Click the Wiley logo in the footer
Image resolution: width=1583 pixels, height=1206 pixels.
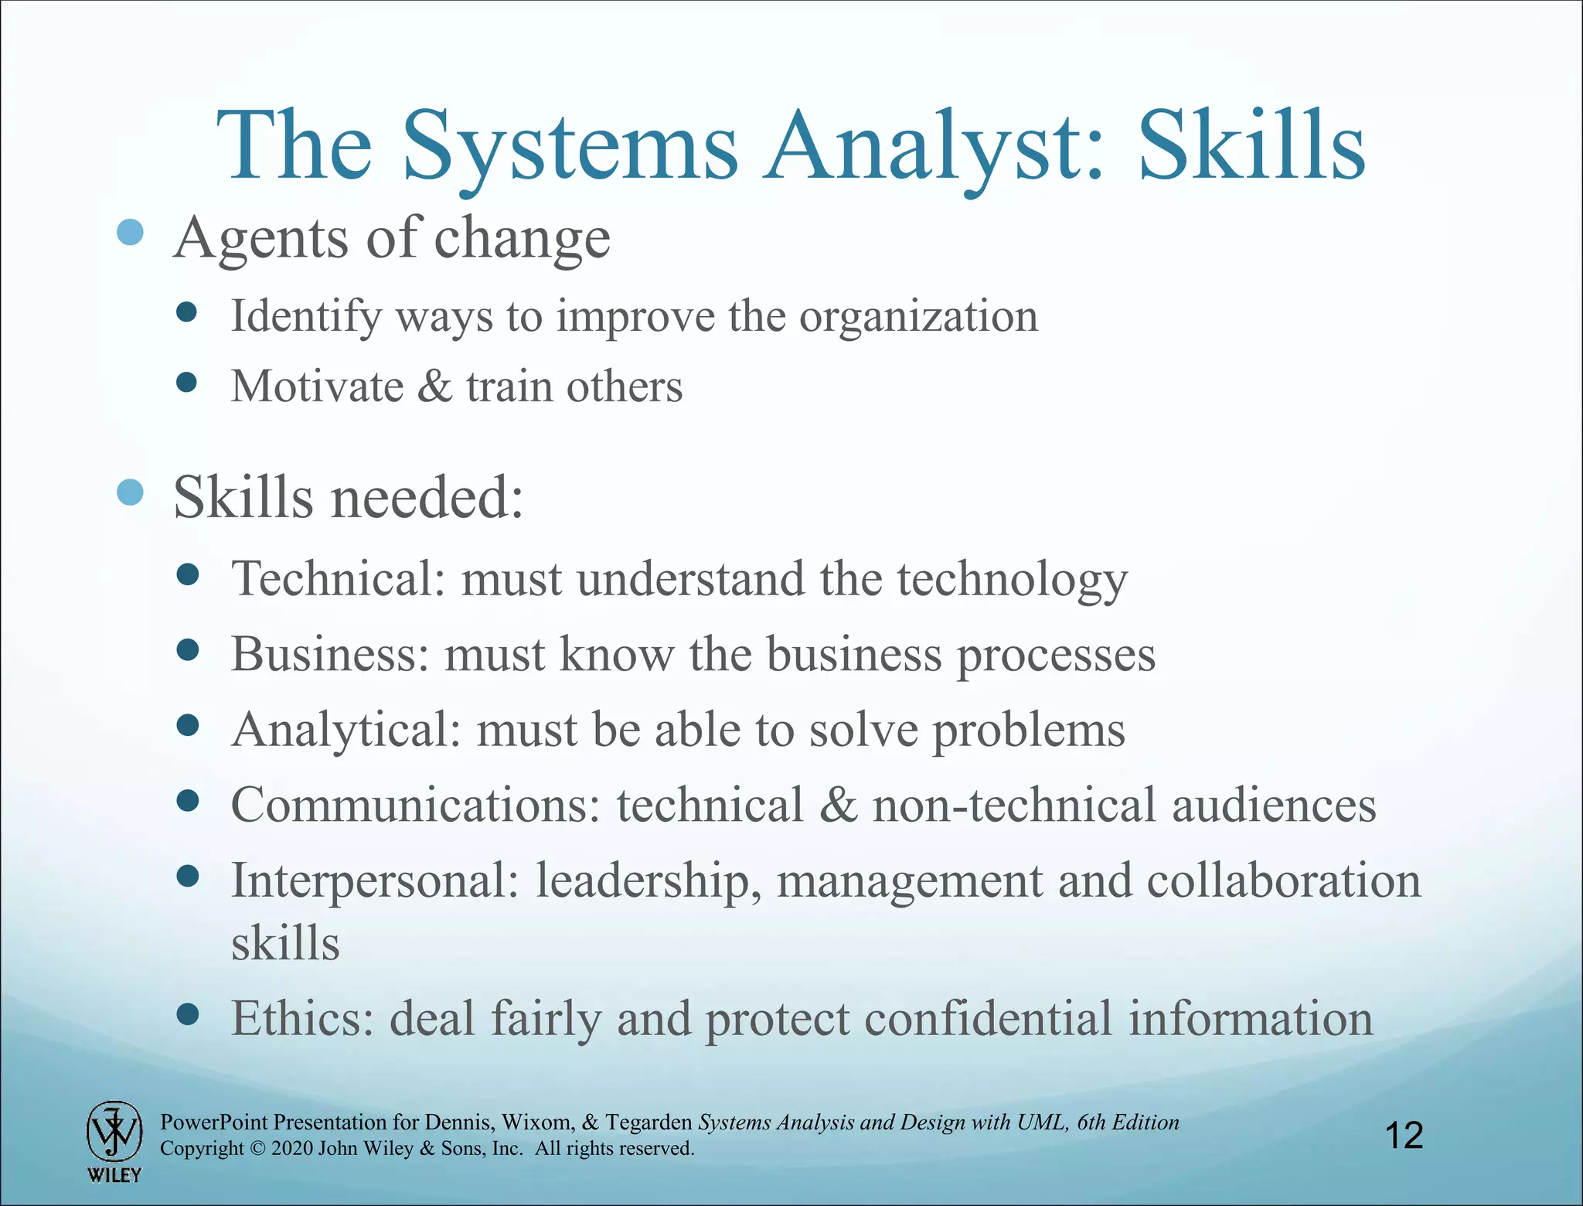click(114, 1140)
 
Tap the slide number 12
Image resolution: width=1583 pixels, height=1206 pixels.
click(1404, 1136)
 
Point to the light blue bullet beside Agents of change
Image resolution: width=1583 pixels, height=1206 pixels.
click(130, 232)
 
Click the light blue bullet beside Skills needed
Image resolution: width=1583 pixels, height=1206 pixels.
click(130, 492)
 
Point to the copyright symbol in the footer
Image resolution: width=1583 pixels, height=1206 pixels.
click(257, 1149)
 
